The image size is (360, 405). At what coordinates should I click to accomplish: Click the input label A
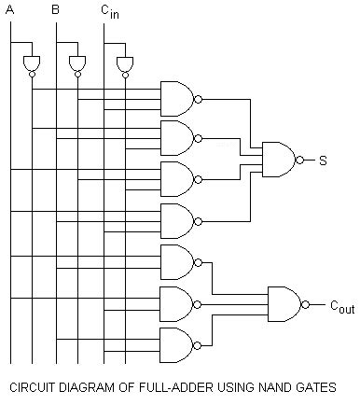click(x=10, y=9)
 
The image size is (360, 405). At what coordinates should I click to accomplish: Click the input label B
click(x=56, y=9)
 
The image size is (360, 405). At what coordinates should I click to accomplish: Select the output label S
click(x=322, y=161)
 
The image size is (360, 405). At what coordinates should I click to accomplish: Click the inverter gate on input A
click(x=32, y=62)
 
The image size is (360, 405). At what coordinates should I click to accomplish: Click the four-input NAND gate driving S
click(x=278, y=160)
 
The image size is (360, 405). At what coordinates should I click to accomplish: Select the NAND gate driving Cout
click(x=284, y=303)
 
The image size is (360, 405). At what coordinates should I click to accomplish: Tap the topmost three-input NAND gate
click(x=176, y=96)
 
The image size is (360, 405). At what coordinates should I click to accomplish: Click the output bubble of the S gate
click(x=299, y=160)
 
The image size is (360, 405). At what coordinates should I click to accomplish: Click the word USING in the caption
click(x=215, y=387)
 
